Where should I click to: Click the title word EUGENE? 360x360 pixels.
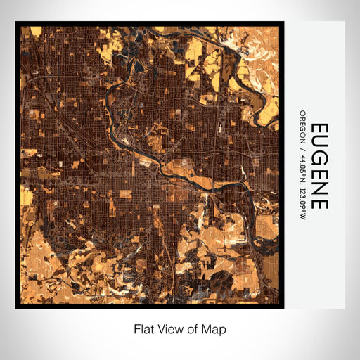coord(319,167)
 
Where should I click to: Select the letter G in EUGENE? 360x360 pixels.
coord(319,162)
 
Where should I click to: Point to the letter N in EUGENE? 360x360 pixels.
coord(319,188)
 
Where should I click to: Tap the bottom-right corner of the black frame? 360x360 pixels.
coord(283,307)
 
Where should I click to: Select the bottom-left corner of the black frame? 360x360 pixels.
coord(16,307)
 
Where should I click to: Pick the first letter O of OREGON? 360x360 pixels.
coord(302,112)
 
